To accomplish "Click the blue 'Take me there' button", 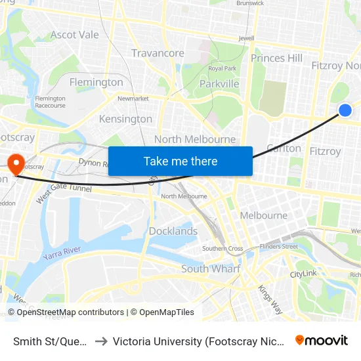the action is [x=180, y=161].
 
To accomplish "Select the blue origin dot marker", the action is [x=345, y=111].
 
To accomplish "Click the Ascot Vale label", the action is [x=74, y=35].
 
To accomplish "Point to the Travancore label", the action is [x=158, y=53].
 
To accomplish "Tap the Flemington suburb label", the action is [x=96, y=82].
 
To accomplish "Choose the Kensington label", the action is [x=125, y=119].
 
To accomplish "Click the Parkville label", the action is [x=219, y=84].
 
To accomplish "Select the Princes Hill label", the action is [x=276, y=58].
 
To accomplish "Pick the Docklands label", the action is [x=173, y=231].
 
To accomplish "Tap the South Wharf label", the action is [x=211, y=268].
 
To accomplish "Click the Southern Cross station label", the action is [x=223, y=249].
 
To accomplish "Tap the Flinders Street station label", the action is [x=278, y=247].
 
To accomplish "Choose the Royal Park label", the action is [x=222, y=68].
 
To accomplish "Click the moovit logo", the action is [x=322, y=340].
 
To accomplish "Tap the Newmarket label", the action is [x=133, y=98].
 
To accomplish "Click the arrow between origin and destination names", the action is [x=101, y=341].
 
